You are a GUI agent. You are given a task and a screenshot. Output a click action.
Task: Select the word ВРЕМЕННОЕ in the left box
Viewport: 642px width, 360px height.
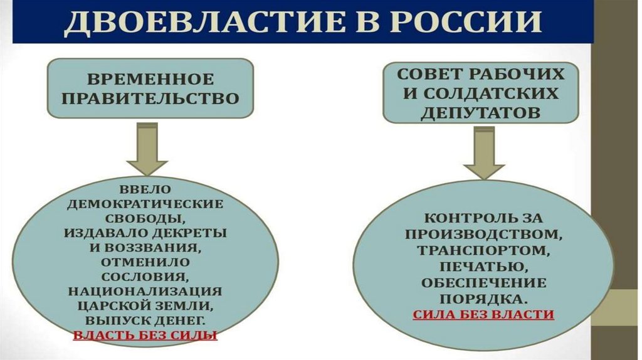click(150, 80)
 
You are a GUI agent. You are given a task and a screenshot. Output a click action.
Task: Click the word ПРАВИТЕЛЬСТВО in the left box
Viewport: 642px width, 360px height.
click(150, 99)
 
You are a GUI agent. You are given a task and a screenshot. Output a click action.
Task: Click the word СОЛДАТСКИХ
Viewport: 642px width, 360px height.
click(496, 93)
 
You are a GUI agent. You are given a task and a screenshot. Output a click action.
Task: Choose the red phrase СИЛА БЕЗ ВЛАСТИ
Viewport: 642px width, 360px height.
click(483, 314)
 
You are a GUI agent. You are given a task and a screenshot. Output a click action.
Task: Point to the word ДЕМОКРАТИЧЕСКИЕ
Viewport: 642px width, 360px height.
click(145, 204)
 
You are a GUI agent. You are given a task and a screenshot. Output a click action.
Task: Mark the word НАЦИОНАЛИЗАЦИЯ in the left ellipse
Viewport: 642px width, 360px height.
click(145, 292)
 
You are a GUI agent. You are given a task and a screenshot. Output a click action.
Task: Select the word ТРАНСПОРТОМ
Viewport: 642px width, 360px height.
click(483, 250)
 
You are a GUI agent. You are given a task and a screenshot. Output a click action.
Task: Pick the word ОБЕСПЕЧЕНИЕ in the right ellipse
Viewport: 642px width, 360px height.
click(483, 282)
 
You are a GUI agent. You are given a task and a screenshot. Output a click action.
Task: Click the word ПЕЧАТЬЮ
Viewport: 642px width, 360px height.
click(483, 266)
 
